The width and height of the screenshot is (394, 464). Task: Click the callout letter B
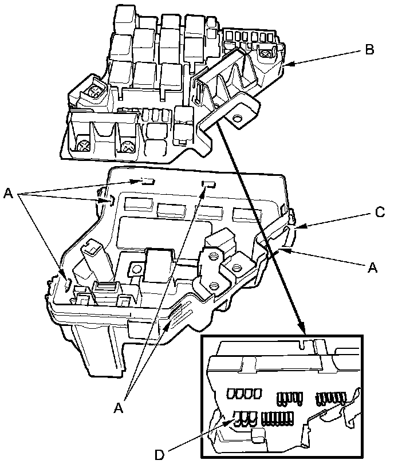click(369, 50)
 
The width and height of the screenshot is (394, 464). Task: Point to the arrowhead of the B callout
click(286, 66)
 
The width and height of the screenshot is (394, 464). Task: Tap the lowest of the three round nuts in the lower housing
click(214, 285)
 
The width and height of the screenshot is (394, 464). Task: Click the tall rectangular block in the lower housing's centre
click(158, 265)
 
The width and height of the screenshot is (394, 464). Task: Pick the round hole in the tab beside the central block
click(136, 268)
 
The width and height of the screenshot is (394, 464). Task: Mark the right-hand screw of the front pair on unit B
click(127, 147)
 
